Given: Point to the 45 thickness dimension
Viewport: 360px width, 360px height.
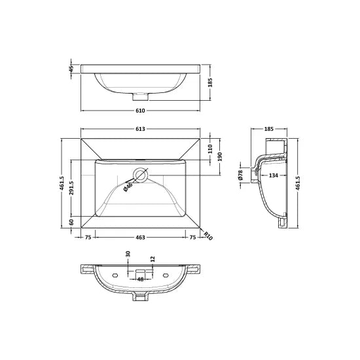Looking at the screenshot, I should [71, 68].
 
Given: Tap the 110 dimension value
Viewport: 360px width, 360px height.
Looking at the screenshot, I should [211, 149].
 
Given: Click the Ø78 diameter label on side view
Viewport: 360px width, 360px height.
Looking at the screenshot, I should [241, 175].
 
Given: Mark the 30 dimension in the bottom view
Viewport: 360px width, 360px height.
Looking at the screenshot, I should [128, 255].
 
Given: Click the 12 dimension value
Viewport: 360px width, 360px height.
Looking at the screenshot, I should [152, 259].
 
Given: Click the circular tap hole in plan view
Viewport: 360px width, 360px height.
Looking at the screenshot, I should [139, 175].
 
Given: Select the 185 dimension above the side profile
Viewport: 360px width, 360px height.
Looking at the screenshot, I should [268, 130].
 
